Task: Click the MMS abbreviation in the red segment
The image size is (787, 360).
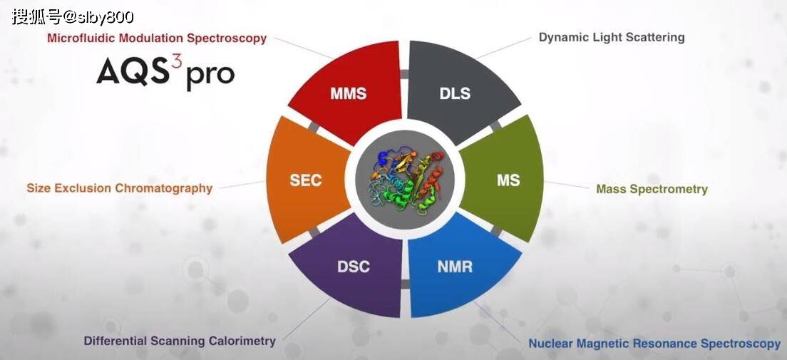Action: [349, 93]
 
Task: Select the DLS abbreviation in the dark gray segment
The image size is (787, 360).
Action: [455, 93]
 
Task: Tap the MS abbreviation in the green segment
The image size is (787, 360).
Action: [508, 180]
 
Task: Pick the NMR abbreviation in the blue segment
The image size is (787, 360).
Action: [455, 266]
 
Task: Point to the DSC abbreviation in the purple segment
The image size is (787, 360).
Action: [354, 266]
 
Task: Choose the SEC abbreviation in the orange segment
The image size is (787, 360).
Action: [306, 180]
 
